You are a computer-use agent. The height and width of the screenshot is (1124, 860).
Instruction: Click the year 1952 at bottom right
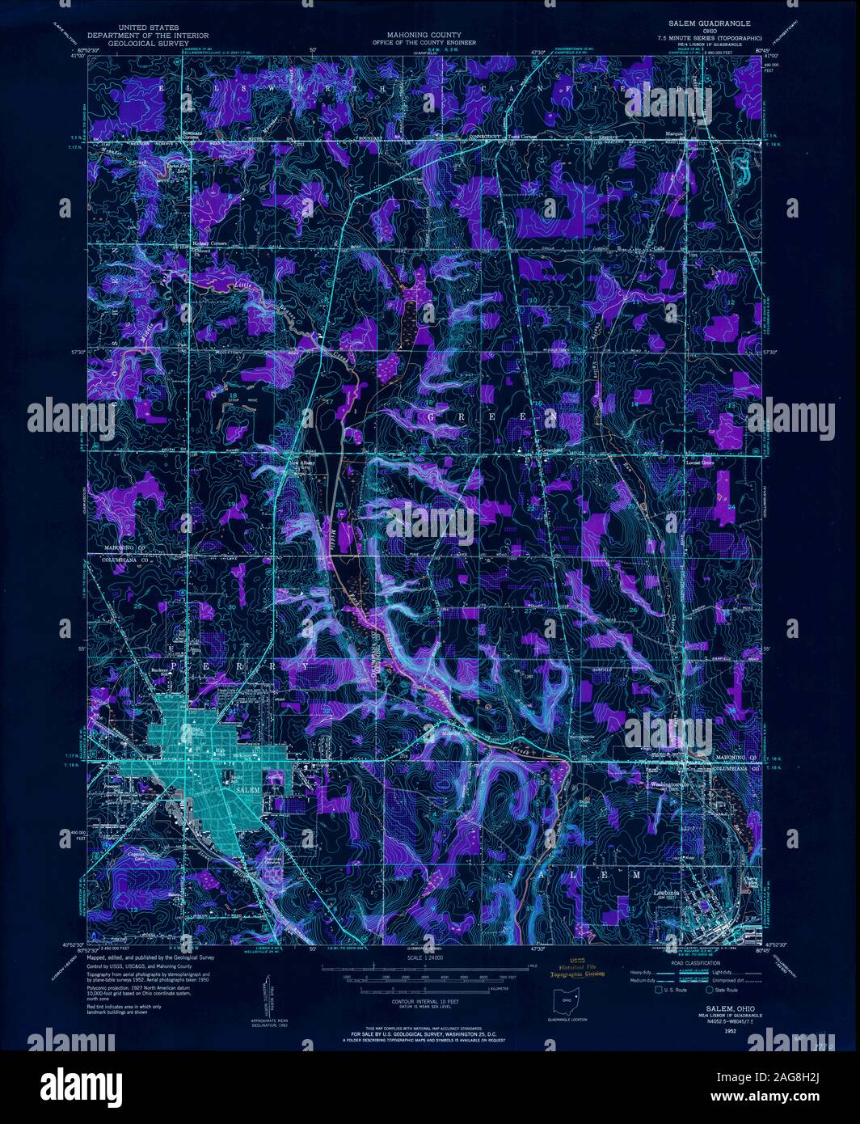tap(729, 1032)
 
